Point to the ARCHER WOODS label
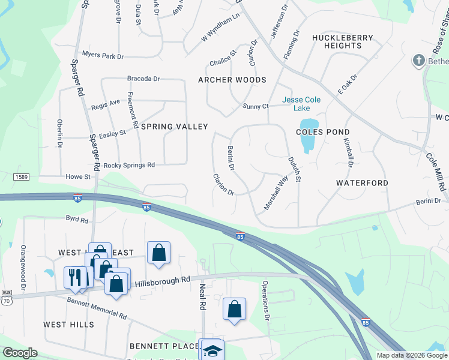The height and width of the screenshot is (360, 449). tap(232, 80)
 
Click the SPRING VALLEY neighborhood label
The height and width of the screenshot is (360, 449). tap(175, 127)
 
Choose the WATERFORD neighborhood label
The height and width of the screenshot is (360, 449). tap(362, 182)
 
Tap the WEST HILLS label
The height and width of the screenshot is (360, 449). tap(68, 325)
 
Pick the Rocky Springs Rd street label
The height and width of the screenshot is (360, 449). tap(129, 165)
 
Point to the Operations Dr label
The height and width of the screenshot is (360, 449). tap(266, 300)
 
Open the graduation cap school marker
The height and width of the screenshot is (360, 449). tap(212, 350)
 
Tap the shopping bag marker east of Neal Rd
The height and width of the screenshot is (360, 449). tap(234, 310)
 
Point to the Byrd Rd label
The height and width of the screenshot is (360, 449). tap(77, 220)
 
